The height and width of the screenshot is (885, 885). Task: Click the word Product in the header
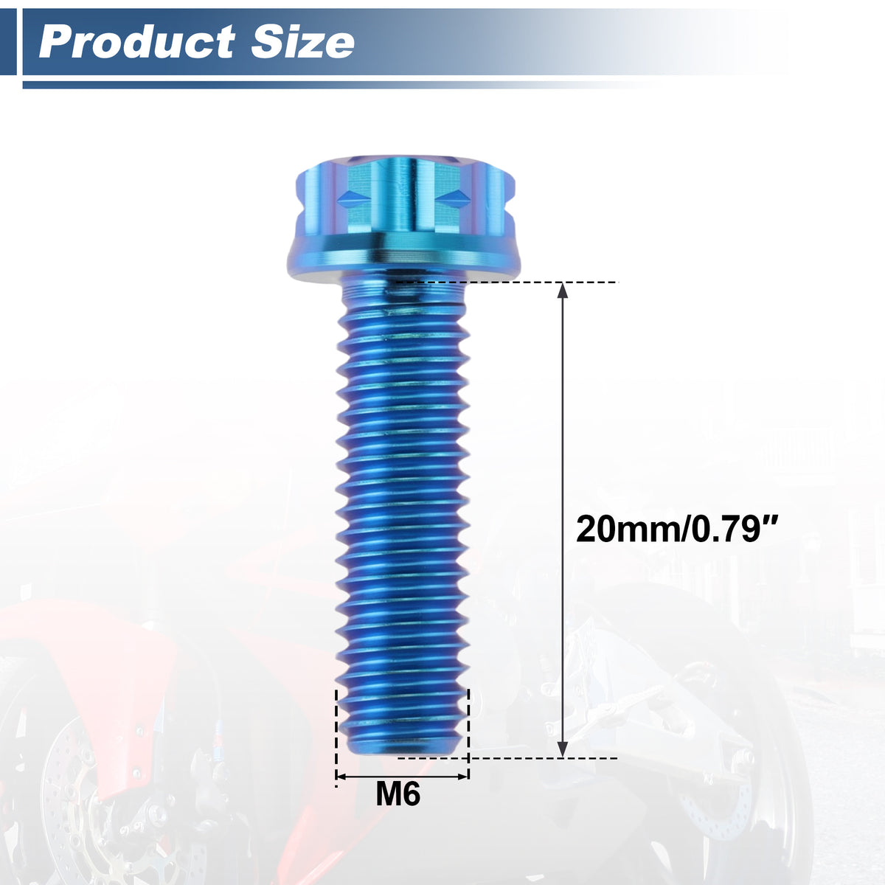[138, 42]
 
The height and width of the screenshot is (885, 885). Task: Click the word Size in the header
[303, 42]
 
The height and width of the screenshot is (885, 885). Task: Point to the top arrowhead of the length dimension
[562, 291]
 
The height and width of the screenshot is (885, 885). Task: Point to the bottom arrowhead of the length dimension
[562, 748]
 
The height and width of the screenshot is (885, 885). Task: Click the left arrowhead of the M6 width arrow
[341, 777]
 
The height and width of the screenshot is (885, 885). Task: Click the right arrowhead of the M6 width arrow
[462, 777]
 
